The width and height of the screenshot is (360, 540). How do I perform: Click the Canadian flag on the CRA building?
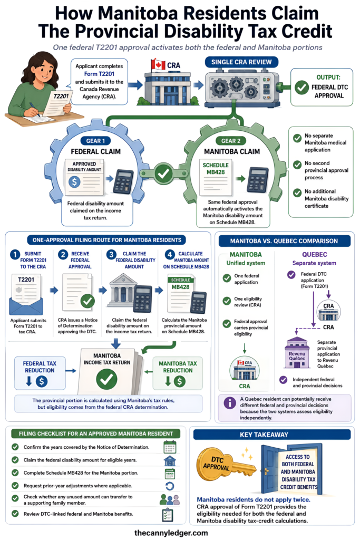tap(158, 64)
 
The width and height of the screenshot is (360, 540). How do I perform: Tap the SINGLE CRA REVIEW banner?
tap(241, 62)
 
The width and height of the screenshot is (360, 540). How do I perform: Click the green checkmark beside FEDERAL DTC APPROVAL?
tap(301, 88)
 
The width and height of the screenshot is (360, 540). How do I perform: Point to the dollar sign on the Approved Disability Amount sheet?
tap(74, 181)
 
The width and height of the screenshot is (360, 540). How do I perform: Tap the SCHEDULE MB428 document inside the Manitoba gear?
tap(216, 177)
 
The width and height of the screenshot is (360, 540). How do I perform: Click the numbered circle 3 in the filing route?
tap(111, 255)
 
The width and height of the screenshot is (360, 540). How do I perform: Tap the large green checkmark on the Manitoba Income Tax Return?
tap(106, 379)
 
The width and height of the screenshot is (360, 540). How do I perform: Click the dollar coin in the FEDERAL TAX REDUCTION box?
tap(42, 381)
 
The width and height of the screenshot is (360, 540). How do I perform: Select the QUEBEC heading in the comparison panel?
tap(314, 255)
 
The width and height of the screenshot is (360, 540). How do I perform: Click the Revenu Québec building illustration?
tap(297, 352)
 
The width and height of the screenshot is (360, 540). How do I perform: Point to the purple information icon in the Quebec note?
tap(230, 403)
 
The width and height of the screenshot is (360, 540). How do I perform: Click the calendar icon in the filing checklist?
tap(170, 447)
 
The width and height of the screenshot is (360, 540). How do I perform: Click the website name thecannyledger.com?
tap(171, 533)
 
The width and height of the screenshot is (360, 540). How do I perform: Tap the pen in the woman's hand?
tap(34, 109)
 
